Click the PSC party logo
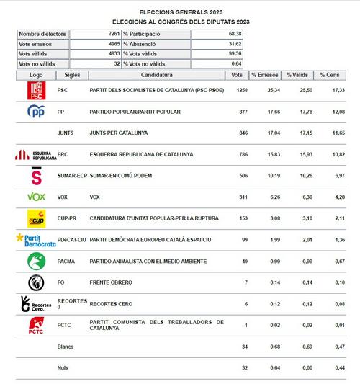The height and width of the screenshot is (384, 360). point(36,91)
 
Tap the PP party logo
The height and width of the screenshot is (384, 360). point(36,112)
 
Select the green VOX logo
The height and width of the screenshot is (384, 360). point(36,197)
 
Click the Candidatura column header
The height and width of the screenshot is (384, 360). point(156,75)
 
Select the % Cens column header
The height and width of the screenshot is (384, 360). point(333,75)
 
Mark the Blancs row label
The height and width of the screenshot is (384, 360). point(65,347)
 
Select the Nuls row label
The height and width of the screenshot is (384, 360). point(63,367)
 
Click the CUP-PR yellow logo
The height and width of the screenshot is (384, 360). point(36,218)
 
